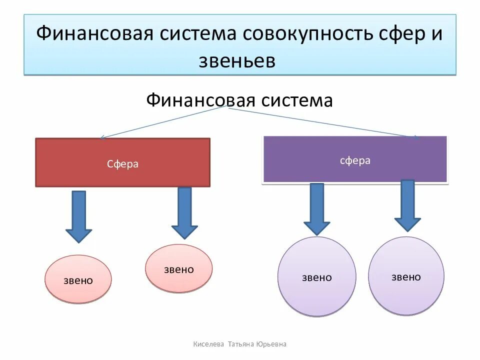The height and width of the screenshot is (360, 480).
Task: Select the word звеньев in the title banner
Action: pos(237,60)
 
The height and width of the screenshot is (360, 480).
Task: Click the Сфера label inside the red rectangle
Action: pos(122,164)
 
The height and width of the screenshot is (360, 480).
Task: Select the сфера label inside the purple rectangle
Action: pos(355,160)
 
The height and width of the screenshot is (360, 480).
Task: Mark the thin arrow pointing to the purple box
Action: pos(325,122)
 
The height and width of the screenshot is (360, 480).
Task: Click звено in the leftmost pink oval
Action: pos(78,280)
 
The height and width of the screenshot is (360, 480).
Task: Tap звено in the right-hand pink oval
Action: pos(178,269)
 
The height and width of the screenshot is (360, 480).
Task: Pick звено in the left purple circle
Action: pos(316,277)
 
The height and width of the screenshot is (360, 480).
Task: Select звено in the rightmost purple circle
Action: pos(406,277)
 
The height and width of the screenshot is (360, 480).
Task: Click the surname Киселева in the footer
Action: pos(208,344)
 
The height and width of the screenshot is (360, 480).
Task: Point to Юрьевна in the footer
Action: pos(271,344)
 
